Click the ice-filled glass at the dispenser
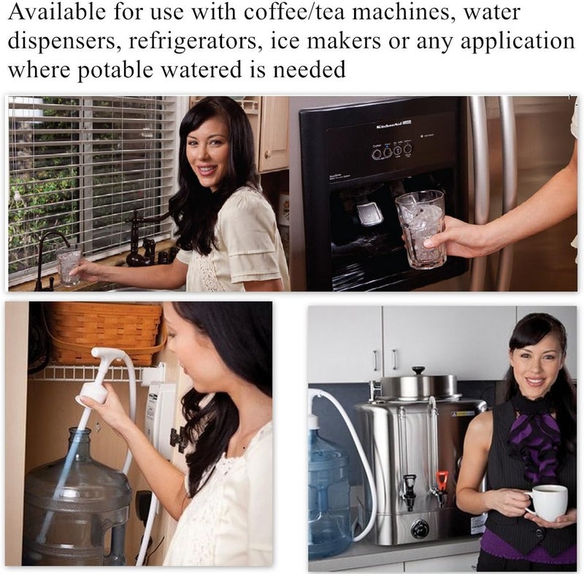(x=420, y=227)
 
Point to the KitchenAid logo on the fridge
(x=393, y=126)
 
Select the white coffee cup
(x=548, y=502)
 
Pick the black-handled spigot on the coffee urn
(x=409, y=488)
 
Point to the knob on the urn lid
(x=418, y=372)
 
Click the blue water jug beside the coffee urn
(x=328, y=497)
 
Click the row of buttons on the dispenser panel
(x=391, y=151)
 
